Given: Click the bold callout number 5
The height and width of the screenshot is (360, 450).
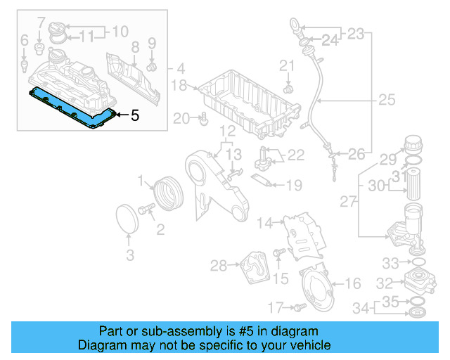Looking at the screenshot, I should point(136,115).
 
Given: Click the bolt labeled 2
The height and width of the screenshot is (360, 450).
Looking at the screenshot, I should point(148,209).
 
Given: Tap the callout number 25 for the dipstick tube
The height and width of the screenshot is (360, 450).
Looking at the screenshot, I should point(387,101).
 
